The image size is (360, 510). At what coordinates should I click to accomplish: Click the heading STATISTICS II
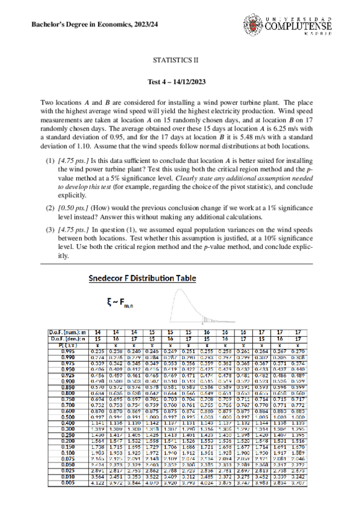coord(180,61)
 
